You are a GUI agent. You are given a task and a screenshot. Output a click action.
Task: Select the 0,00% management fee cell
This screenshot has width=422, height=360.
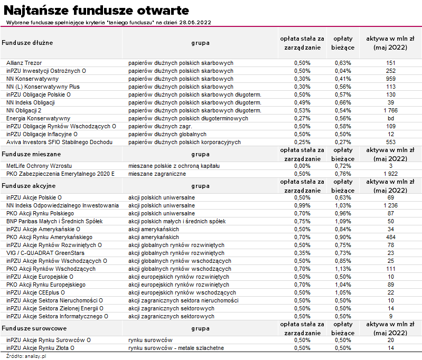pyautogui.click(x=302, y=166)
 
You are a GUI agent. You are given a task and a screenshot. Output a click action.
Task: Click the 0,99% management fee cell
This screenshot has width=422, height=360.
pyautogui.click(x=302, y=205)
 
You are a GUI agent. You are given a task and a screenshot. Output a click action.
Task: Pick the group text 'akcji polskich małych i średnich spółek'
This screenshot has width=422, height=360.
pyautogui.click(x=177, y=221)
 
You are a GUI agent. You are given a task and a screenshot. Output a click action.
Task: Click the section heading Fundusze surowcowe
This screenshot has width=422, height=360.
pyautogui.click(x=31, y=328)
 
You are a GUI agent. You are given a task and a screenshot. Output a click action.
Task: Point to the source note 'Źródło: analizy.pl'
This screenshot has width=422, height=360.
pyautogui.click(x=24, y=356)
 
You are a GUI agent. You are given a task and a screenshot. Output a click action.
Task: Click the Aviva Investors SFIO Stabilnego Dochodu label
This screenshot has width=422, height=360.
pyautogui.click(x=59, y=142)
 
